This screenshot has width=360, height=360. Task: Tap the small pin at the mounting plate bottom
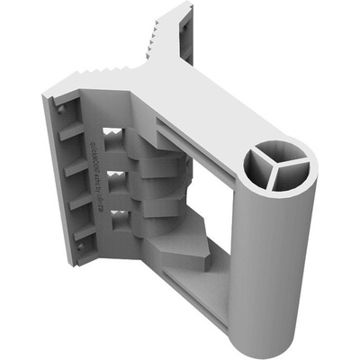click(x=75, y=258)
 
